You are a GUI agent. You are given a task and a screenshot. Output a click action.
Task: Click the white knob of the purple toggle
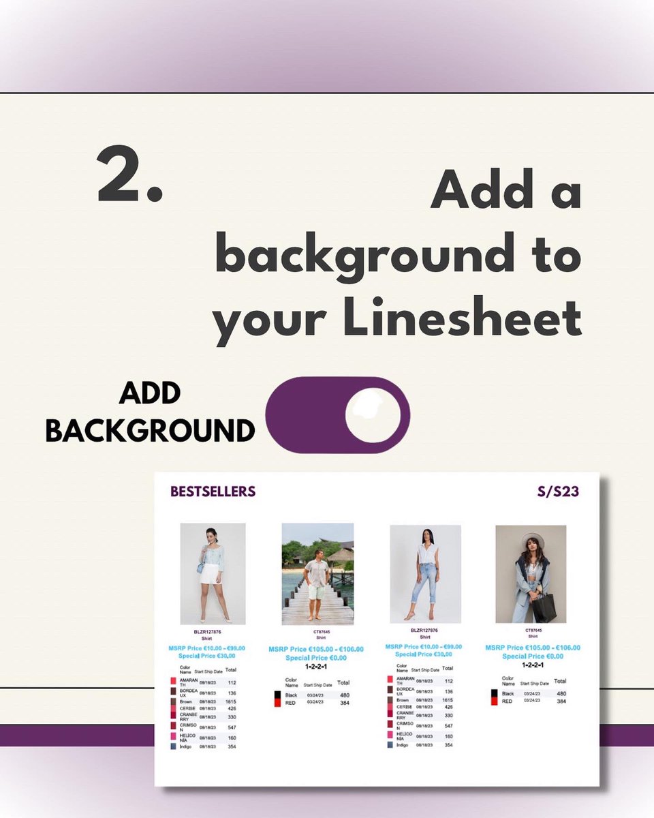click(x=372, y=414)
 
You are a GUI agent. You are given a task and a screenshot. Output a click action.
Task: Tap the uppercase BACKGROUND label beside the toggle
click(x=150, y=431)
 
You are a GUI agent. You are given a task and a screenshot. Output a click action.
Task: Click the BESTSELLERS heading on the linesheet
click(x=213, y=491)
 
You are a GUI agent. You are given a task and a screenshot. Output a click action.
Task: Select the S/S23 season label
click(x=557, y=491)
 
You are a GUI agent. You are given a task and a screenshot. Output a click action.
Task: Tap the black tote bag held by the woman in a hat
click(x=544, y=607)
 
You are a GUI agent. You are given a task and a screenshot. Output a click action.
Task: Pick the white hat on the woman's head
click(x=533, y=540)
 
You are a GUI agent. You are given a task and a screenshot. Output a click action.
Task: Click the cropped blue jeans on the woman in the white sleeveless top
click(x=424, y=582)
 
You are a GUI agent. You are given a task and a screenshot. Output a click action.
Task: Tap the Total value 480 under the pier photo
click(x=344, y=695)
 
